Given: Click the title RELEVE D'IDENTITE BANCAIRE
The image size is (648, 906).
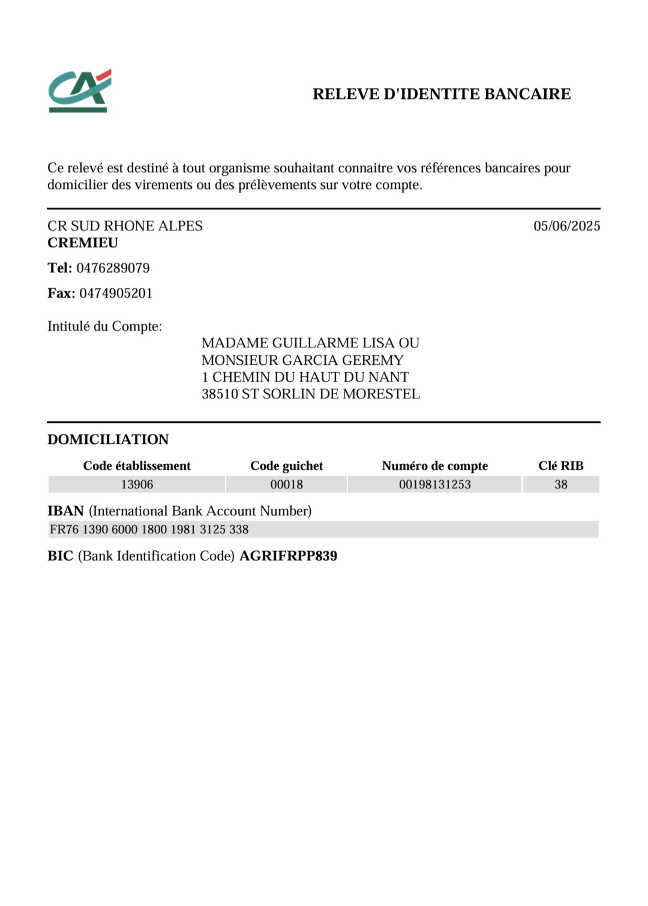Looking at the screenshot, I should pyautogui.click(x=441, y=94).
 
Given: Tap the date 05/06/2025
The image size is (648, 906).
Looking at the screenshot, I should pyautogui.click(x=567, y=226).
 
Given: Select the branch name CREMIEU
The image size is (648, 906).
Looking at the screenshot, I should pyautogui.click(x=83, y=243).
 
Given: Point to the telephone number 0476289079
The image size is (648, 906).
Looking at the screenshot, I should pyautogui.click(x=113, y=268).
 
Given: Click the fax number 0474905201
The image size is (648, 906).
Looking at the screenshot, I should pyautogui.click(x=116, y=293).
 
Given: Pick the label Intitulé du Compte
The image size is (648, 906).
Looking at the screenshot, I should pyautogui.click(x=105, y=326).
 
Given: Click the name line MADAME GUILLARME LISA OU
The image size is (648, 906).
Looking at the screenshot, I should pyautogui.click(x=310, y=343).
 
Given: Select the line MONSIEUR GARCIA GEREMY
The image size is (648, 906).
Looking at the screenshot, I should pyautogui.click(x=302, y=360).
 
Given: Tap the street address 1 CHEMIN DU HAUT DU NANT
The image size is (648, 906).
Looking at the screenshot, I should pyautogui.click(x=305, y=377).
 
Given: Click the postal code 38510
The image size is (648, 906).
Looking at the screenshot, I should pyautogui.click(x=220, y=394).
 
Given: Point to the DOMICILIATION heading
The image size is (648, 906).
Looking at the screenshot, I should pyautogui.click(x=108, y=440).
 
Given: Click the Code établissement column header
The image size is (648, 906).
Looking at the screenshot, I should pyautogui.click(x=136, y=466).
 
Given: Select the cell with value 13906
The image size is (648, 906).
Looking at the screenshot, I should pyautogui.click(x=136, y=485).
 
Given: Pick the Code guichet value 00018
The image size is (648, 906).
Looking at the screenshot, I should pyautogui.click(x=286, y=485).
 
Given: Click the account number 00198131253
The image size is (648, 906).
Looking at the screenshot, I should pyautogui.click(x=434, y=485).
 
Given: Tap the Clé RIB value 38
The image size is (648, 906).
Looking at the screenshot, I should pyautogui.click(x=561, y=485).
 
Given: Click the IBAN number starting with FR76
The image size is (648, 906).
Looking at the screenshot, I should pyautogui.click(x=149, y=530).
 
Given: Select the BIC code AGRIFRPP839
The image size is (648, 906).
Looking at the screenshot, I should pyautogui.click(x=288, y=556).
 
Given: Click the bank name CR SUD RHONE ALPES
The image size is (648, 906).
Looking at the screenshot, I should pyautogui.click(x=125, y=226).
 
